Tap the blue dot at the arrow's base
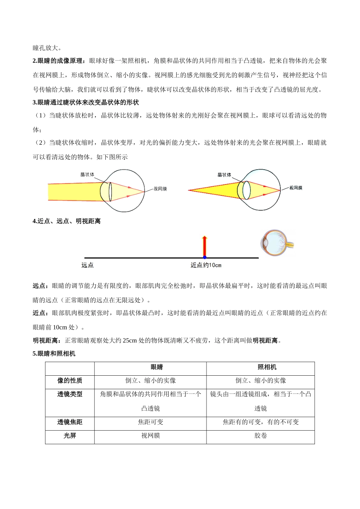(205, 258)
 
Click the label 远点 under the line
(88, 265)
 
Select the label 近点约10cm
(206, 265)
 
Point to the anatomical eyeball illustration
(276, 242)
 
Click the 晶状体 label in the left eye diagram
(87, 175)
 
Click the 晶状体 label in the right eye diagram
(224, 175)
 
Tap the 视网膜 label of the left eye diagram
(160, 189)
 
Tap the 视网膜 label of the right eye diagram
(296, 188)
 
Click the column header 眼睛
(157, 367)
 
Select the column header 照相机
(267, 367)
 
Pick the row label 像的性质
(70, 381)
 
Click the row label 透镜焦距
(70, 422)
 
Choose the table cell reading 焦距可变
(150, 422)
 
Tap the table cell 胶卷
(260, 436)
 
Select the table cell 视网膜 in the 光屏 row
(150, 436)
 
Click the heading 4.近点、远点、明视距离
(67, 221)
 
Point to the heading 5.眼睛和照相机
(54, 353)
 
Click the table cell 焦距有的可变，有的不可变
(260, 422)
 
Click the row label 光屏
(70, 436)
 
